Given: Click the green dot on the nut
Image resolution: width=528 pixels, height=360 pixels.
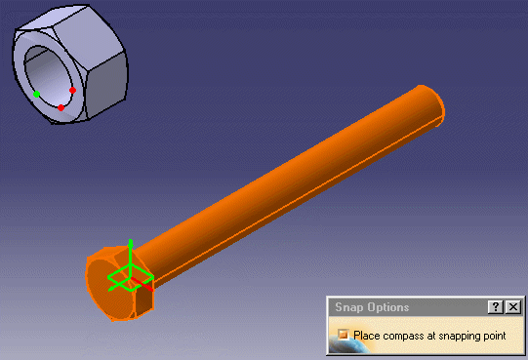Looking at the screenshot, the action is (37, 95).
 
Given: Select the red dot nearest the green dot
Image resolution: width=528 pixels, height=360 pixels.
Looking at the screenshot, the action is (61, 107).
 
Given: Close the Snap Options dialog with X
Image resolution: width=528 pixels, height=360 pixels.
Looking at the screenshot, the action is (513, 307).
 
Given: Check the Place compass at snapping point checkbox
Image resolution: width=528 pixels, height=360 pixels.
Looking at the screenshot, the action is (344, 335).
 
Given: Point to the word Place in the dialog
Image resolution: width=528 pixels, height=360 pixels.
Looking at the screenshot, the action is (366, 336).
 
